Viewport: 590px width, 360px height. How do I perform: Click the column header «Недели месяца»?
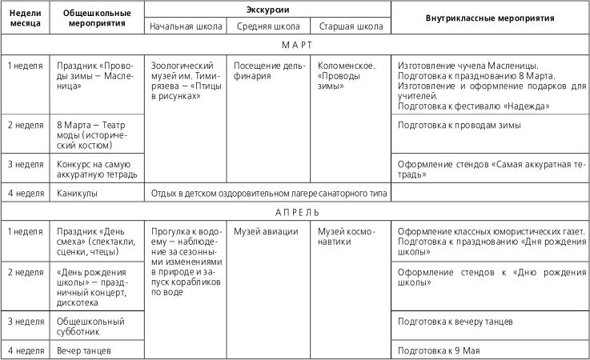pos(25,18)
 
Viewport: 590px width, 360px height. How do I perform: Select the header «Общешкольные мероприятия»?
pos(97,18)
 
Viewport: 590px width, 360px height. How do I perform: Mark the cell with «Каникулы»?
pos(76,193)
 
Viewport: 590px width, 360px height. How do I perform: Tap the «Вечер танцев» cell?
pos(83,350)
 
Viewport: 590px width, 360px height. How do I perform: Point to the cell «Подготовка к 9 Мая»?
pos(442,350)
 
